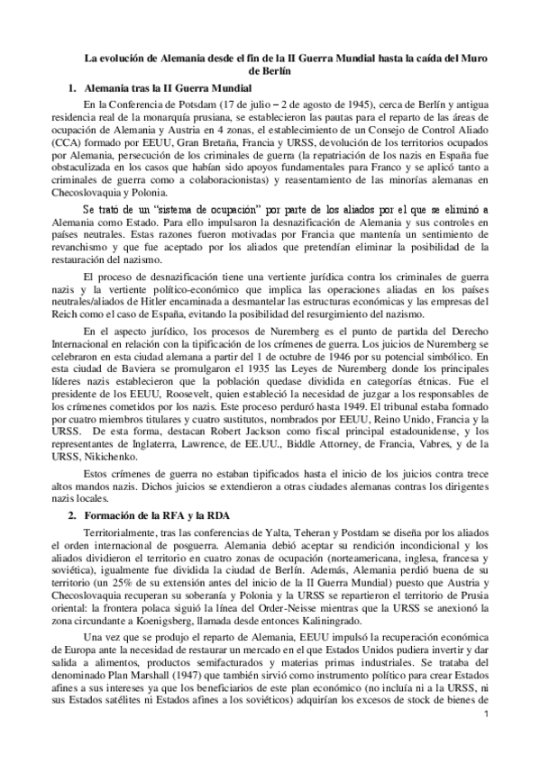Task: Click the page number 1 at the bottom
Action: [486, 740]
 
